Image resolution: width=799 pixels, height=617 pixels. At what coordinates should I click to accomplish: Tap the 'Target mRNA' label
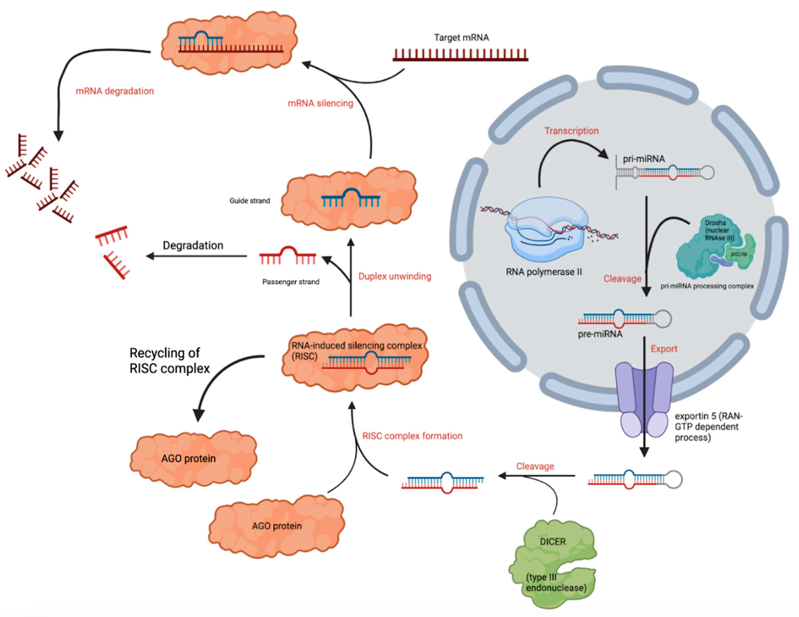click(x=461, y=38)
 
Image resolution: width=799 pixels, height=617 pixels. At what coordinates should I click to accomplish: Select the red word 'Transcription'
click(x=571, y=131)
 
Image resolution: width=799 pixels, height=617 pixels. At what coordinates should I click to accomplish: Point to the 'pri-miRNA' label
click(x=644, y=159)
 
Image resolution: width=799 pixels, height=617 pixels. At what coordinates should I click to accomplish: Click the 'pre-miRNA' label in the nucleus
click(x=600, y=334)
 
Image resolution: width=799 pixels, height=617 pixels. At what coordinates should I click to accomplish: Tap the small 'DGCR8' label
click(x=739, y=254)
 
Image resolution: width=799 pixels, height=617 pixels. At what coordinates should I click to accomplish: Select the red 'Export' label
click(x=664, y=349)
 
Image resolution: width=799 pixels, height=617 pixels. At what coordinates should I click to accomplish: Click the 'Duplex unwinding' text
click(x=394, y=276)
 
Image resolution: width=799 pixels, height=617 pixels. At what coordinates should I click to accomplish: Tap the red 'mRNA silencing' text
click(x=320, y=103)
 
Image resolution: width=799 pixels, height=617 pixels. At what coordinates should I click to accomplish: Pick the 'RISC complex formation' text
click(x=412, y=436)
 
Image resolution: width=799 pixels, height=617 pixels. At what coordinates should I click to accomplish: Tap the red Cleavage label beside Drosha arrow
click(x=622, y=279)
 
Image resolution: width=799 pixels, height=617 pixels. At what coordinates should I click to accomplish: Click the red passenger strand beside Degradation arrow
click(x=288, y=256)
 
